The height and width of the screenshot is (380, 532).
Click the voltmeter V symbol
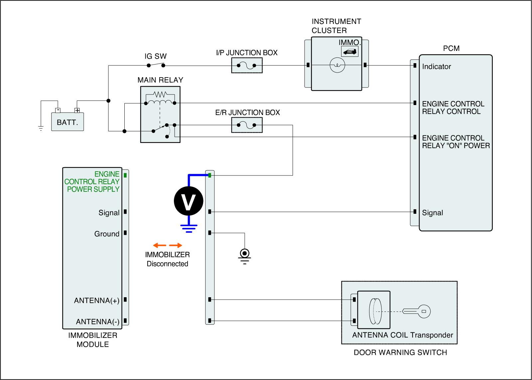pyautogui.click(x=189, y=201)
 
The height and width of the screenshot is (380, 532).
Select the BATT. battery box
pyautogui.click(x=67, y=122)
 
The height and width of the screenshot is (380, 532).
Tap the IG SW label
pyautogui.click(x=156, y=56)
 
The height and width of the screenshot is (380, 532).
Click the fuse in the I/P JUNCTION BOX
pyautogui.click(x=246, y=65)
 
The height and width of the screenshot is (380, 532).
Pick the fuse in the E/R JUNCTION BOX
pyautogui.click(x=246, y=125)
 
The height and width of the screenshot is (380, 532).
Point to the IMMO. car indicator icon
pyautogui.click(x=349, y=51)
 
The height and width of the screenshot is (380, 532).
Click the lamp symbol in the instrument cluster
pyautogui.click(x=337, y=65)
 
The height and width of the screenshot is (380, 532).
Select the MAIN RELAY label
pyautogui.click(x=160, y=80)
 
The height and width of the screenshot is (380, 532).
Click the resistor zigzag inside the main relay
pyautogui.click(x=160, y=94)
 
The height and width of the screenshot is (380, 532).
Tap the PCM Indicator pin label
pyautogui.click(x=437, y=66)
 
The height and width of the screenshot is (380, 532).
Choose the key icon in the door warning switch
pyautogui.click(x=416, y=312)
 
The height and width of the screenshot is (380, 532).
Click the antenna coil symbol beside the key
pyautogui.click(x=375, y=311)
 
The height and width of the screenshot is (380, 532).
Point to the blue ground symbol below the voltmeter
pyautogui.click(x=189, y=228)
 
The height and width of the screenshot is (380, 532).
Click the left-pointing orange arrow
pyautogui.click(x=159, y=245)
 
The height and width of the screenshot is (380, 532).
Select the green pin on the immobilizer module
pyautogui.click(x=125, y=175)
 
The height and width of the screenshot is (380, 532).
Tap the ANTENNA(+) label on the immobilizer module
pyautogui.click(x=97, y=301)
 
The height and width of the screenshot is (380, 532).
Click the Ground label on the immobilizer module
pyautogui.click(x=107, y=234)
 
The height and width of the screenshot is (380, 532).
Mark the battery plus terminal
pyautogui.click(x=77, y=110)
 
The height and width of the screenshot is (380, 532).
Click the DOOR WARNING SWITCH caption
pyautogui.click(x=400, y=352)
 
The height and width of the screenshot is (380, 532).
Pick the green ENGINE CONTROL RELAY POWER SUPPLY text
pyautogui.click(x=92, y=182)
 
